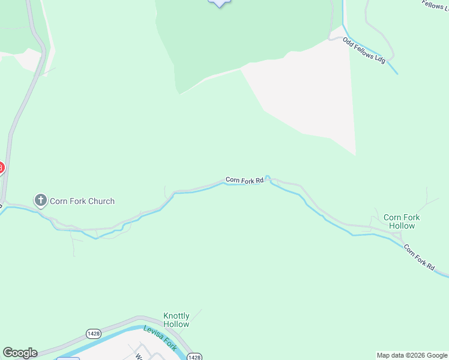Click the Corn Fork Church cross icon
[41, 201]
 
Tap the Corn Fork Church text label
[82, 201]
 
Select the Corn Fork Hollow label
[402, 221]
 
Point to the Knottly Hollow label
[176, 320]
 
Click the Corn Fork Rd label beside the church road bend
[244, 180]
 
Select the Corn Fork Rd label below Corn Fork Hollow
[418, 257]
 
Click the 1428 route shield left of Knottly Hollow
[93, 334]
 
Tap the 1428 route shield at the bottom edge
[194, 357]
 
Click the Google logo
[20, 353]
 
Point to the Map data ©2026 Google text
[412, 355]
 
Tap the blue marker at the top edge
[220, 2]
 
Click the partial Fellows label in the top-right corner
[435, 5]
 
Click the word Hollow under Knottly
[176, 325]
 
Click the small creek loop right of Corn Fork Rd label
[268, 178]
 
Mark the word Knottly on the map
[176, 316]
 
